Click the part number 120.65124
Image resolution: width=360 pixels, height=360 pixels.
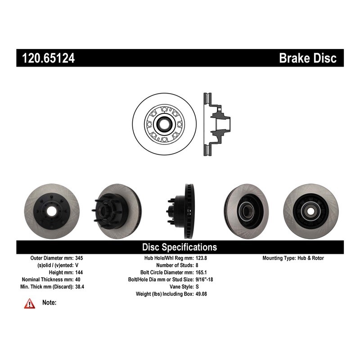click(x=48, y=58)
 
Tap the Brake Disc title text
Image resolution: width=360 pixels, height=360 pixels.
click(x=308, y=58)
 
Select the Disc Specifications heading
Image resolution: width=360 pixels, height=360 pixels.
click(x=180, y=247)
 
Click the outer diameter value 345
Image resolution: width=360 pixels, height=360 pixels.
click(x=79, y=258)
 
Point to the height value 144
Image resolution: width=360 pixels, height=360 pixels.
click(x=79, y=273)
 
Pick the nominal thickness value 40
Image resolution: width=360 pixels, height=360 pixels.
click(x=78, y=279)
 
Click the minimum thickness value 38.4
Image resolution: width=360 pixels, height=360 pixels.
click(x=80, y=287)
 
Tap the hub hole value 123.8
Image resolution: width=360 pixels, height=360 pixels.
click(x=201, y=258)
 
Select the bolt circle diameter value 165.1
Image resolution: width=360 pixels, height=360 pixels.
click(x=201, y=273)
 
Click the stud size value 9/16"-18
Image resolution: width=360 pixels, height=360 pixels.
click(x=204, y=279)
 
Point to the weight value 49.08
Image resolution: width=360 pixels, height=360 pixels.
click(x=201, y=294)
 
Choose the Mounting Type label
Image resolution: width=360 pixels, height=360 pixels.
click(x=279, y=258)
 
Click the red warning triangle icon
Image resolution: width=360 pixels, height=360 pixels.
click(x=30, y=304)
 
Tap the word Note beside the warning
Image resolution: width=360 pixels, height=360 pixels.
click(x=49, y=302)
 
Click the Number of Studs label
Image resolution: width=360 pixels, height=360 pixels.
click(x=175, y=265)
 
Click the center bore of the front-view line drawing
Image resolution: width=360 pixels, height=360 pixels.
click(x=164, y=124)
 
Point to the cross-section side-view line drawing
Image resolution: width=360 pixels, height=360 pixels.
click(x=217, y=124)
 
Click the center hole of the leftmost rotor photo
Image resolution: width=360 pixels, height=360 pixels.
click(x=52, y=211)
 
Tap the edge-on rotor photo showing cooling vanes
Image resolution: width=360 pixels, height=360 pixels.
click(x=181, y=211)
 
